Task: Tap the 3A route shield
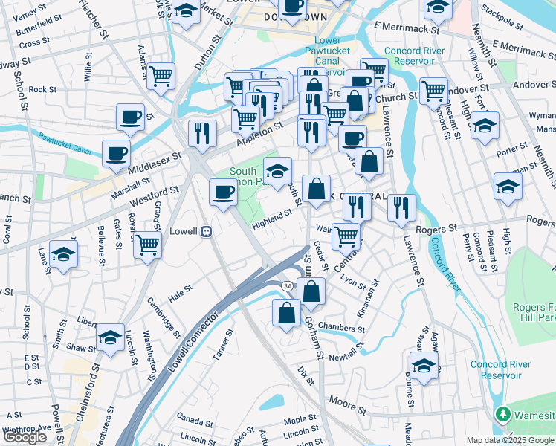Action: (287, 286)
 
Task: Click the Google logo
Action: (25, 437)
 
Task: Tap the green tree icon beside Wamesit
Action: (503, 414)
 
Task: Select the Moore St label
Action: (348, 405)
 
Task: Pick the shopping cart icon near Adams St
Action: (161, 75)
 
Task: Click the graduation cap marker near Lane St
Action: (63, 253)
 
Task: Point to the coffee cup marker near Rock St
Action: (130, 117)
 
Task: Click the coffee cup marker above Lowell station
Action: (223, 193)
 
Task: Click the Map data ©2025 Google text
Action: (510, 440)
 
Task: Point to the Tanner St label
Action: (223, 343)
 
